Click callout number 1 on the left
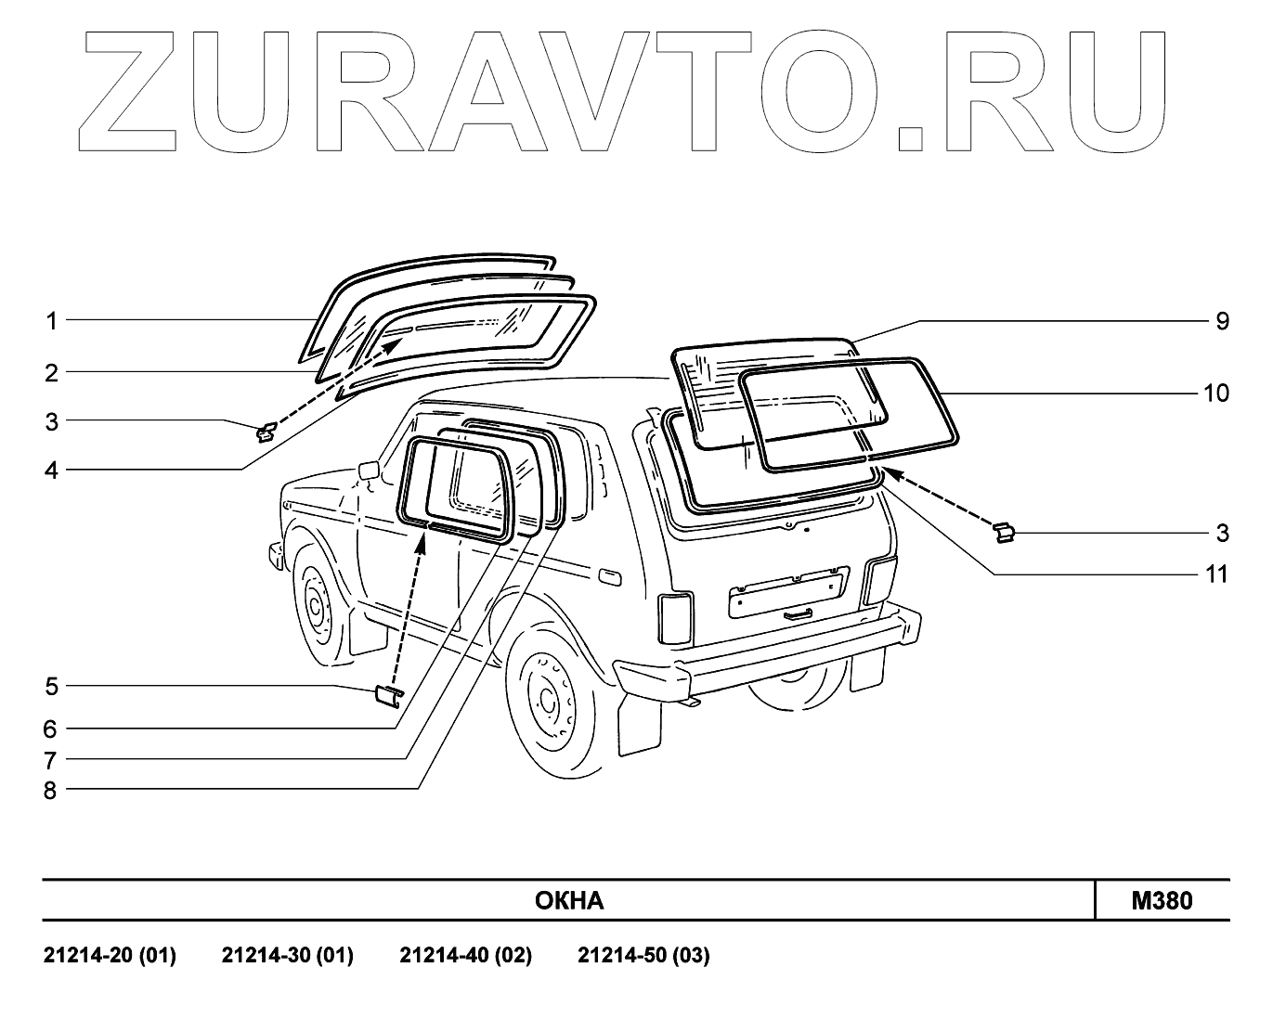(x=52, y=321)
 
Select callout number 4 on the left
(x=52, y=471)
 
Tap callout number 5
(x=52, y=687)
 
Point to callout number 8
(x=51, y=791)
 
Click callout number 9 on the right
(x=1222, y=321)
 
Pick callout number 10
(x=1215, y=393)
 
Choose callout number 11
(x=1216, y=574)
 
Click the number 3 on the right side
(x=1222, y=534)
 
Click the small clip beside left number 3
(x=266, y=431)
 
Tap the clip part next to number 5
(x=387, y=695)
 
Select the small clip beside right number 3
(x=1003, y=532)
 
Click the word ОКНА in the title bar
(x=569, y=900)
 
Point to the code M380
(x=1162, y=900)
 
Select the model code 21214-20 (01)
(x=110, y=956)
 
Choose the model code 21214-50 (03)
(x=643, y=956)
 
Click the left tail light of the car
(x=675, y=617)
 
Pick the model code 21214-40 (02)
(x=465, y=956)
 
